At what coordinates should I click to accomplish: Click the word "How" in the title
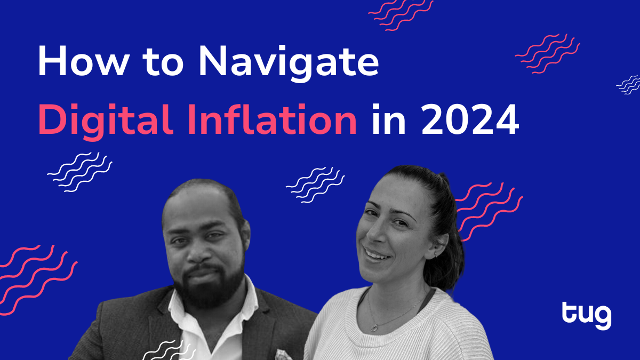[x=83, y=61]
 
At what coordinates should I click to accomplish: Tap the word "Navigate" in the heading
[x=289, y=63]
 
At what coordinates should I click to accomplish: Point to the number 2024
[x=470, y=119]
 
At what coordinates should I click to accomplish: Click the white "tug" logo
[x=587, y=316]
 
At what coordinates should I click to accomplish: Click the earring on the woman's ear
[x=435, y=254]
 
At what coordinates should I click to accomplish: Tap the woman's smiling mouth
[x=377, y=255]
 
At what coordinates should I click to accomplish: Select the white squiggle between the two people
[x=315, y=185]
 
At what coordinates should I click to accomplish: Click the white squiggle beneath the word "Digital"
[x=79, y=172]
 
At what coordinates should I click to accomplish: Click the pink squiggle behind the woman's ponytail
[x=489, y=211]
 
